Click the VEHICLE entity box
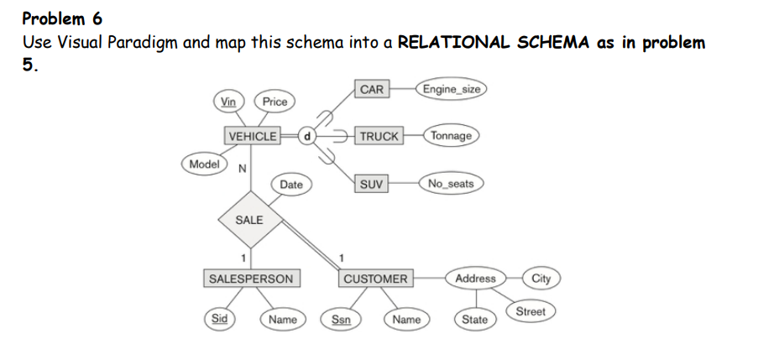[252, 136]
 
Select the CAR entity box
[372, 89]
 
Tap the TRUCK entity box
[379, 136]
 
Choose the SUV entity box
[370, 184]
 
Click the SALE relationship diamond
[249, 220]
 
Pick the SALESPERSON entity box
[250, 278]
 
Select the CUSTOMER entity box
[375, 279]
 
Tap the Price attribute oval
[275, 102]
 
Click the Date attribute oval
[291, 184]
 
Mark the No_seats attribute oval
[451, 184]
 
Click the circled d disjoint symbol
[307, 136]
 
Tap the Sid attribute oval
[219, 319]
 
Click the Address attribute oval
[475, 278]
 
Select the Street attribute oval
[530, 311]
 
